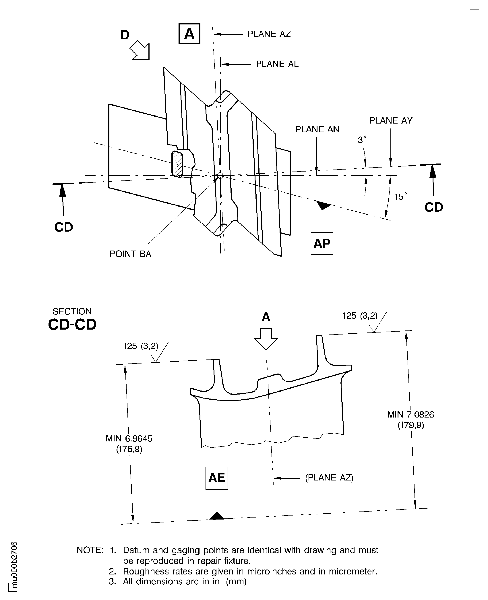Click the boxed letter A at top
pyautogui.click(x=189, y=33)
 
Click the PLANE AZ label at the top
pyautogui.click(x=269, y=34)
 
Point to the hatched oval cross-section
pyautogui.click(x=177, y=164)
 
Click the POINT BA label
pyautogui.click(x=130, y=254)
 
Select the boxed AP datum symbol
pyautogui.click(x=322, y=244)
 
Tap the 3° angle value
pyautogui.click(x=362, y=140)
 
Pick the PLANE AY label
pyautogui.click(x=391, y=120)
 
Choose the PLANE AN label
pyautogui.click(x=317, y=129)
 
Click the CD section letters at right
pyautogui.click(x=433, y=207)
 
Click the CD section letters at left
pyautogui.click(x=63, y=227)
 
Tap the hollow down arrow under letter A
pyautogui.click(x=266, y=339)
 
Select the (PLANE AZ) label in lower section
pyautogui.click(x=329, y=478)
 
